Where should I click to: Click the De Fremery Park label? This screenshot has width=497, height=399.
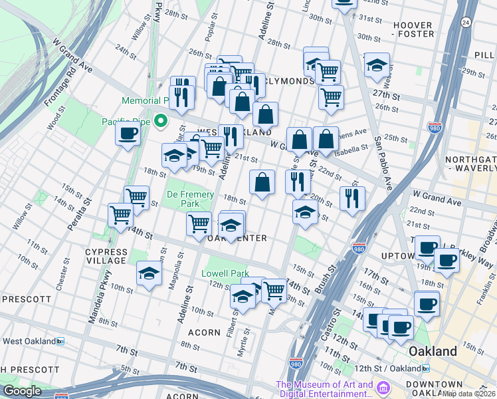190,199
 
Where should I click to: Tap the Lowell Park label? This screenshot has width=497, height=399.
224,273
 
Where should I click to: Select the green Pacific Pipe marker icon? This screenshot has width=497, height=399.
159,121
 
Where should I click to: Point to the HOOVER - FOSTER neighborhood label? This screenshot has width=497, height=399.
413,30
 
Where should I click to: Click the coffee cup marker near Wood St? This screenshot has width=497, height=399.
127,134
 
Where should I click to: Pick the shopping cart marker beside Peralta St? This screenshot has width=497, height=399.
120,215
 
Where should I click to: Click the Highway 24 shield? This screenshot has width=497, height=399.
466,23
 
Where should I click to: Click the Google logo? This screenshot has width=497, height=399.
22,391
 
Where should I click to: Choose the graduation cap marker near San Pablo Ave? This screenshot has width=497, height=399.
377,65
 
